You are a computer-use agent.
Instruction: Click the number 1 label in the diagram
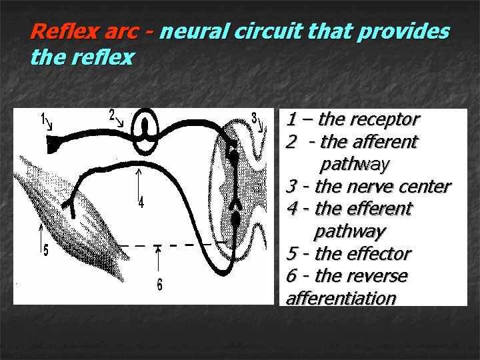(44, 119)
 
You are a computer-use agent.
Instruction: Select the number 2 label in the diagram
(113, 114)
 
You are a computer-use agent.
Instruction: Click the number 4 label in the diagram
(141, 202)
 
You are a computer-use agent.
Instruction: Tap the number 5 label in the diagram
(45, 251)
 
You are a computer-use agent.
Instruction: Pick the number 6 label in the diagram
(159, 285)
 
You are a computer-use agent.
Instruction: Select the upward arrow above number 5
(43, 233)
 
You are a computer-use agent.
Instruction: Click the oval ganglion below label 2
(145, 130)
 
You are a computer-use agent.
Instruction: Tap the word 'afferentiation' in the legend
(341, 298)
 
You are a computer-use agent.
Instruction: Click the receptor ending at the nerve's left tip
(52, 141)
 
